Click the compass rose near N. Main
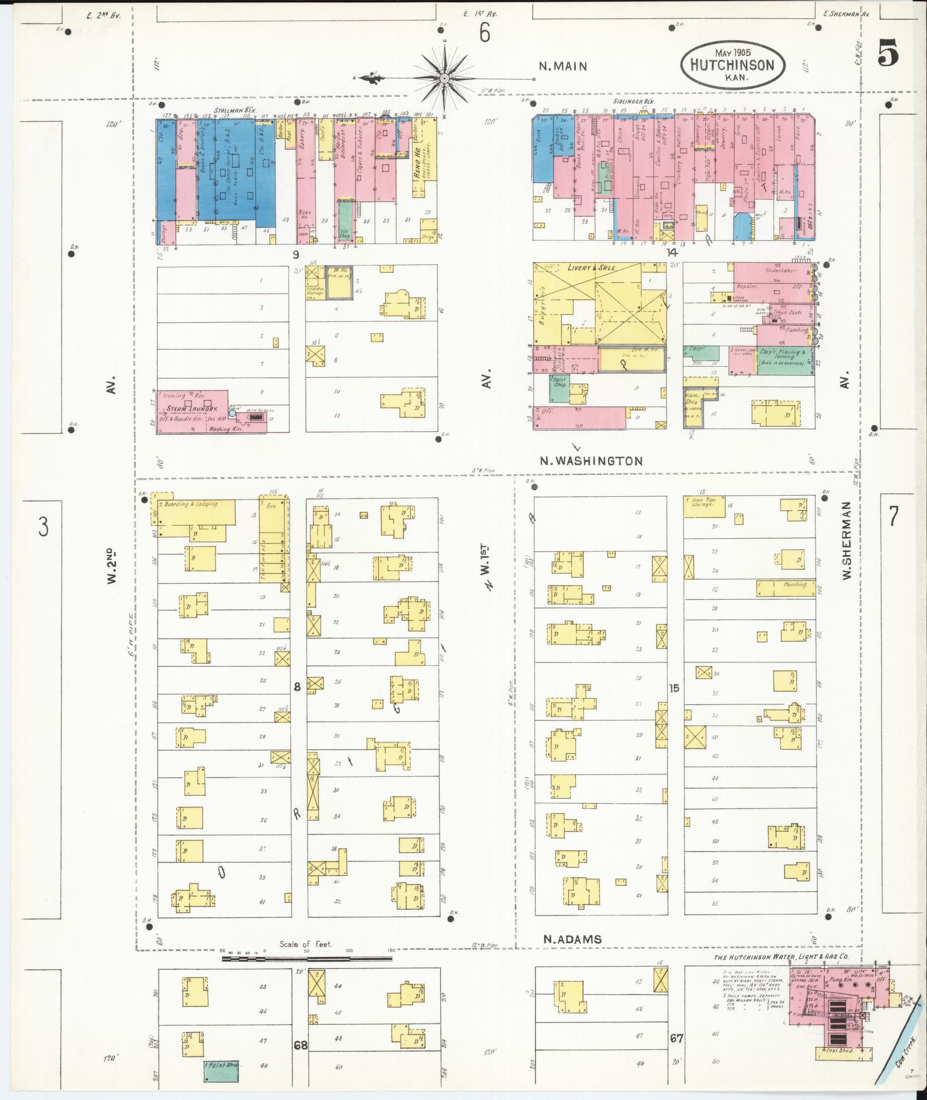pos(444,78)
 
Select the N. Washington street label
pos(591,461)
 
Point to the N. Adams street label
pos(572,939)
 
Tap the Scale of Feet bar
pos(307,959)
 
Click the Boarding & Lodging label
pos(191,504)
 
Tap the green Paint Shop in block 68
pos(222,1065)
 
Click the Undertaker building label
pos(779,270)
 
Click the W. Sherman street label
pos(847,540)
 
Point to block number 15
pos(674,687)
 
